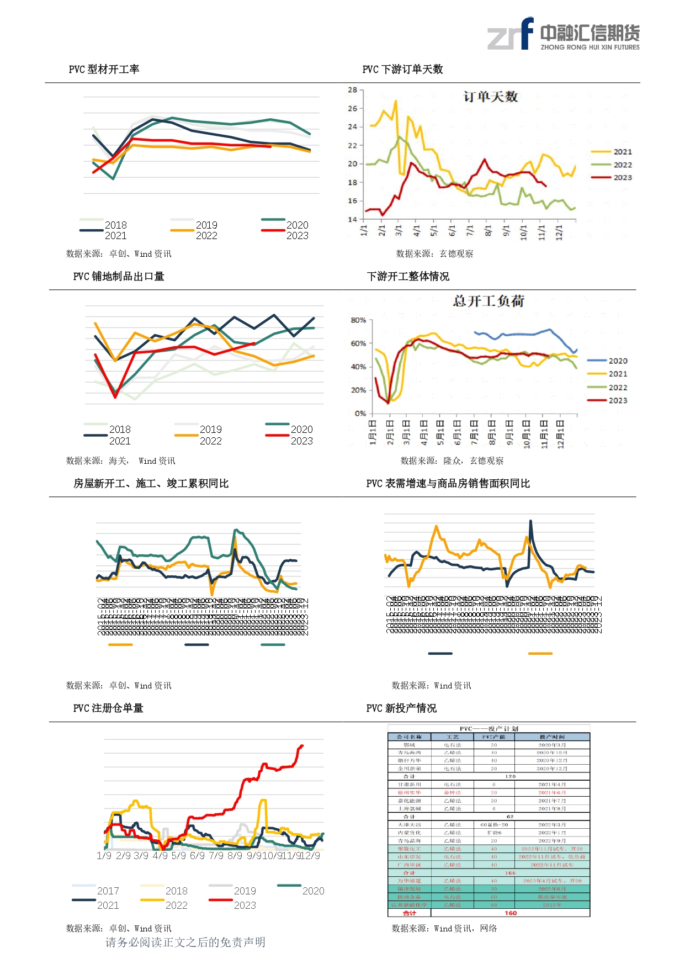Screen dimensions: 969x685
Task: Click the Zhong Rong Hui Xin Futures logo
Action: [563, 34]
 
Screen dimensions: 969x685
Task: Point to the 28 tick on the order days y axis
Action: [352, 90]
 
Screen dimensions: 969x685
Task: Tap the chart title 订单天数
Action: [490, 97]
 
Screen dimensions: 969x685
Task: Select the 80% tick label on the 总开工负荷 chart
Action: [358, 320]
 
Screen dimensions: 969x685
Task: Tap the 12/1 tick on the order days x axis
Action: [559, 230]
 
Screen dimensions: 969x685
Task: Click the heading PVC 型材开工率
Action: [104, 70]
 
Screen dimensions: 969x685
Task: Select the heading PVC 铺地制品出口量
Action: [119, 277]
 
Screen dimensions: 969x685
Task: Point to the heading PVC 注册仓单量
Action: [108, 708]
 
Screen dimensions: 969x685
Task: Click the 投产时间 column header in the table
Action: [552, 737]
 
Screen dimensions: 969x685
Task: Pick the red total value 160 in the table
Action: [511, 913]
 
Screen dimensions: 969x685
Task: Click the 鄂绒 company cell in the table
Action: [409, 745]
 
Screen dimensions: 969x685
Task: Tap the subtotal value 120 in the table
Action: [510, 776]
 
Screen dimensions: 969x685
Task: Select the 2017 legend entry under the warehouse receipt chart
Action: [108, 891]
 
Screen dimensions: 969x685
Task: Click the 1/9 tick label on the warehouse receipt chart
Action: [104, 856]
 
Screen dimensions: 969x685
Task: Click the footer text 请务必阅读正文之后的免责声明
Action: [185, 942]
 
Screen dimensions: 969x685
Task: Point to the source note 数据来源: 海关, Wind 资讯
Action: [121, 461]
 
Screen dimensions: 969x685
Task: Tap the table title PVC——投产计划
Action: [488, 729]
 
